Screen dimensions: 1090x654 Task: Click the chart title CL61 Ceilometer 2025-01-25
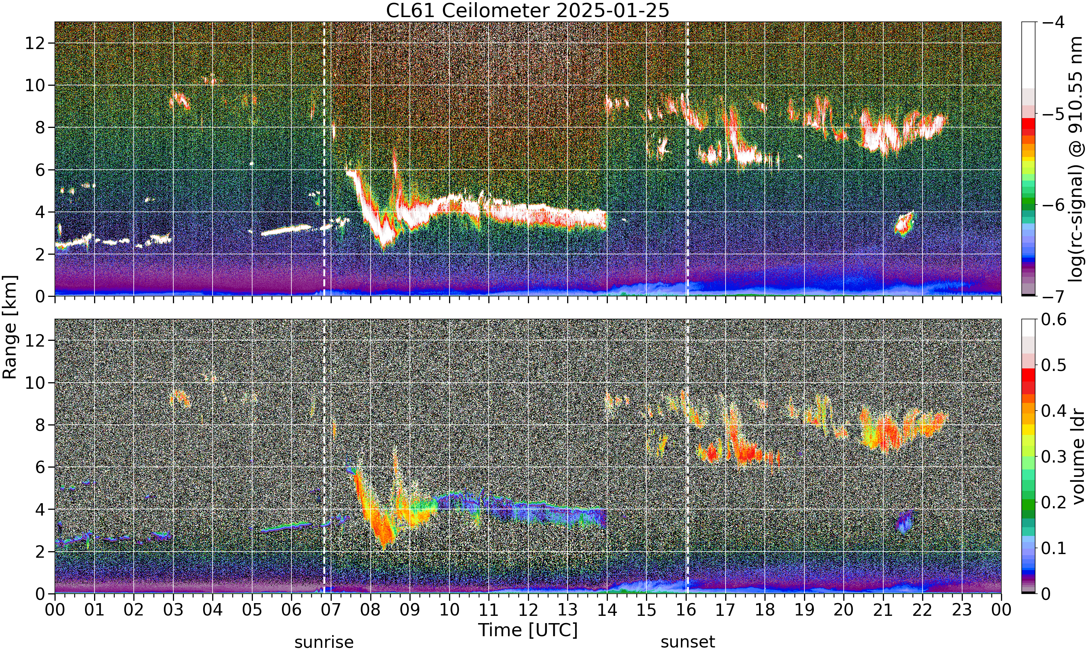(x=527, y=10)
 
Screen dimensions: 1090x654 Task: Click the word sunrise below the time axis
(x=324, y=642)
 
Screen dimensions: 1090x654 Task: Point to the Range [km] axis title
(x=10, y=327)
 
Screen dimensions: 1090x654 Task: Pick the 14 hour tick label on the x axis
(x=607, y=610)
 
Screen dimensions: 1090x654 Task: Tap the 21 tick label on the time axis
(x=883, y=610)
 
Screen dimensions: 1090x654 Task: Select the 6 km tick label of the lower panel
(x=40, y=467)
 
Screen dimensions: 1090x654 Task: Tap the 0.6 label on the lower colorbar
(x=1054, y=319)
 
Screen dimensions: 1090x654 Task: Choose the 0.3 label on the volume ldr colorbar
(x=1054, y=457)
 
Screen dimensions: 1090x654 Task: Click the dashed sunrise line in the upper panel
(x=324, y=159)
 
